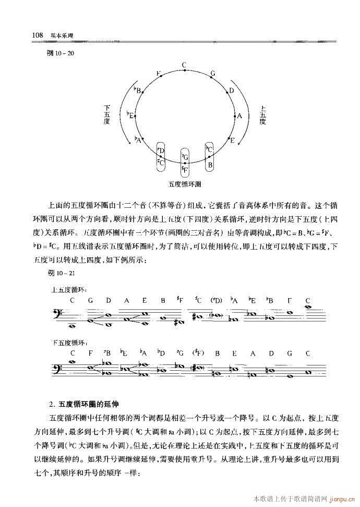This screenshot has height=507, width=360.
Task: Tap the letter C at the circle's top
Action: tap(184, 65)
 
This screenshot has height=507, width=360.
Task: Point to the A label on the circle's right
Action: tap(239, 116)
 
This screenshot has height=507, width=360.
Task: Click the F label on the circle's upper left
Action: tap(158, 74)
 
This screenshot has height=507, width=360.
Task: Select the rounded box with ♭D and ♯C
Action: tap(161, 156)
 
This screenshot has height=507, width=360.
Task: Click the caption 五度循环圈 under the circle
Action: tap(185, 184)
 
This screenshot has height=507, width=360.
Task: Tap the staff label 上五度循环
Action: tap(69, 288)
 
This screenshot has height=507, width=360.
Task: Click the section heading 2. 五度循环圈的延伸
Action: tap(84, 404)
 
